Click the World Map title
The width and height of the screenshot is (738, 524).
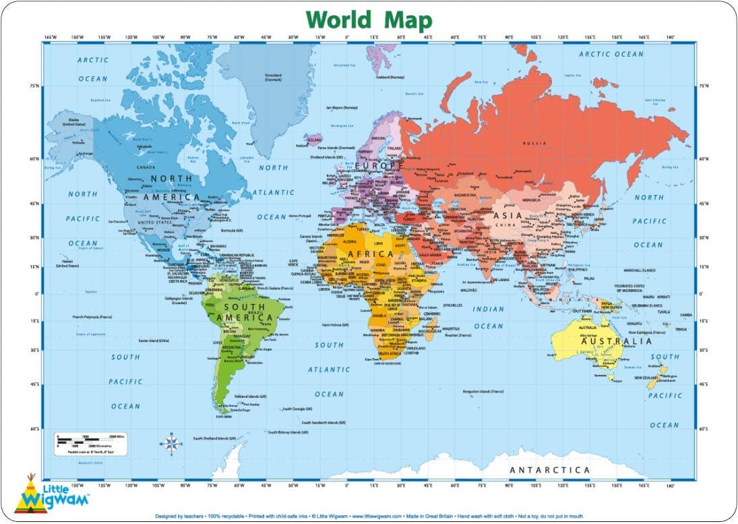pyautogui.click(x=369, y=20)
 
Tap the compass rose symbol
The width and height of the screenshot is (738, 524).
pyautogui.click(x=171, y=443)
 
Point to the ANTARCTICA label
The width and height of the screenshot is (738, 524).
pyautogui.click(x=549, y=469)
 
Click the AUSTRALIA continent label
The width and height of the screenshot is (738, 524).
pyautogui.click(x=618, y=341)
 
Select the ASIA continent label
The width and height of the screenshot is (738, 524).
pyautogui.click(x=508, y=215)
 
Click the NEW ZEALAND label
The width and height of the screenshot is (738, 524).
pyautogui.click(x=645, y=378)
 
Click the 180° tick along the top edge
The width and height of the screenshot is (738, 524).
pyautogui.click(x=670, y=36)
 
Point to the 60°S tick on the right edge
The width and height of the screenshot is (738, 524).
pyautogui.click(x=704, y=428)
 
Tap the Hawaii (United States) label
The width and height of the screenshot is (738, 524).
pyautogui.click(x=67, y=264)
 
